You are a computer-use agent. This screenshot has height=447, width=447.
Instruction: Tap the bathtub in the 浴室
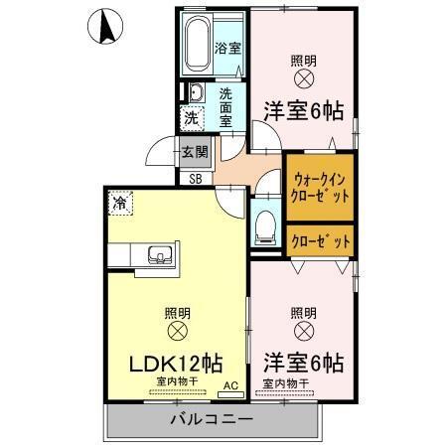[197, 43]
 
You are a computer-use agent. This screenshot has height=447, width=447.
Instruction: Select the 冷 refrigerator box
[119, 204]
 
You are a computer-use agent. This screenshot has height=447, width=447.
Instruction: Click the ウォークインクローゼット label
[320, 188]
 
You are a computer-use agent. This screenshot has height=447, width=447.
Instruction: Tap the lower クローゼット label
[320, 239]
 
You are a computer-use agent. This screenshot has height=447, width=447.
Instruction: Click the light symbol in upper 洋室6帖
[304, 77]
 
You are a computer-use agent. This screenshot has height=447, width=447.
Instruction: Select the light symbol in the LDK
[178, 330]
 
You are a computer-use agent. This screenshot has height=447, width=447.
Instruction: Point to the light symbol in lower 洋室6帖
[304, 331]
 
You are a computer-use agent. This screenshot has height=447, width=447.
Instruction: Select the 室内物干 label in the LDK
[176, 381]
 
